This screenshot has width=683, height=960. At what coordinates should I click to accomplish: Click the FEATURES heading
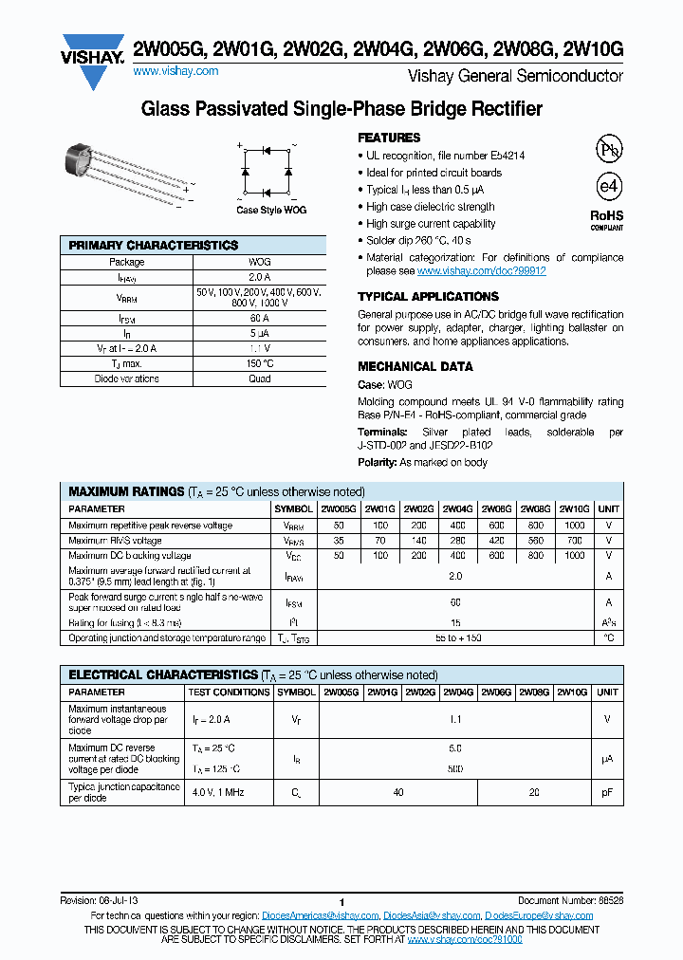tap(389, 138)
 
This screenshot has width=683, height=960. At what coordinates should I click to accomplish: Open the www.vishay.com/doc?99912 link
tap(482, 270)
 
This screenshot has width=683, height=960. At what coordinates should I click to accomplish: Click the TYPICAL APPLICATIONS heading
tap(428, 297)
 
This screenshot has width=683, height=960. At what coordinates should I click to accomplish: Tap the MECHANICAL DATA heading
tap(415, 366)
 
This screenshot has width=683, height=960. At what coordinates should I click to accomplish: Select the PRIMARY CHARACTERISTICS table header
tap(154, 246)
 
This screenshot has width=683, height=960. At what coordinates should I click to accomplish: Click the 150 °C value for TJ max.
tap(259, 363)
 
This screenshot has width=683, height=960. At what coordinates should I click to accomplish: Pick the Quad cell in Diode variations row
tap(259, 378)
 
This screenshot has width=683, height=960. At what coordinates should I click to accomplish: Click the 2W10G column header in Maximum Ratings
tap(574, 509)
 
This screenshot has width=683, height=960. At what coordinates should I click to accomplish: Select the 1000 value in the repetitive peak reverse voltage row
tap(574, 525)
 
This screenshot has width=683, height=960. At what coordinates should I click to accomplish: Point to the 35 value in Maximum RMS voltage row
tap(340, 541)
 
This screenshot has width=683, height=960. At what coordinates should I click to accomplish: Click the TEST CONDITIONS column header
tap(229, 692)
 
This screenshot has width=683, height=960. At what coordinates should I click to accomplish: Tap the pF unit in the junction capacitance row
tap(607, 792)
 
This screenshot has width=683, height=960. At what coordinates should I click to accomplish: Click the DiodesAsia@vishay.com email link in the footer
tap(433, 915)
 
